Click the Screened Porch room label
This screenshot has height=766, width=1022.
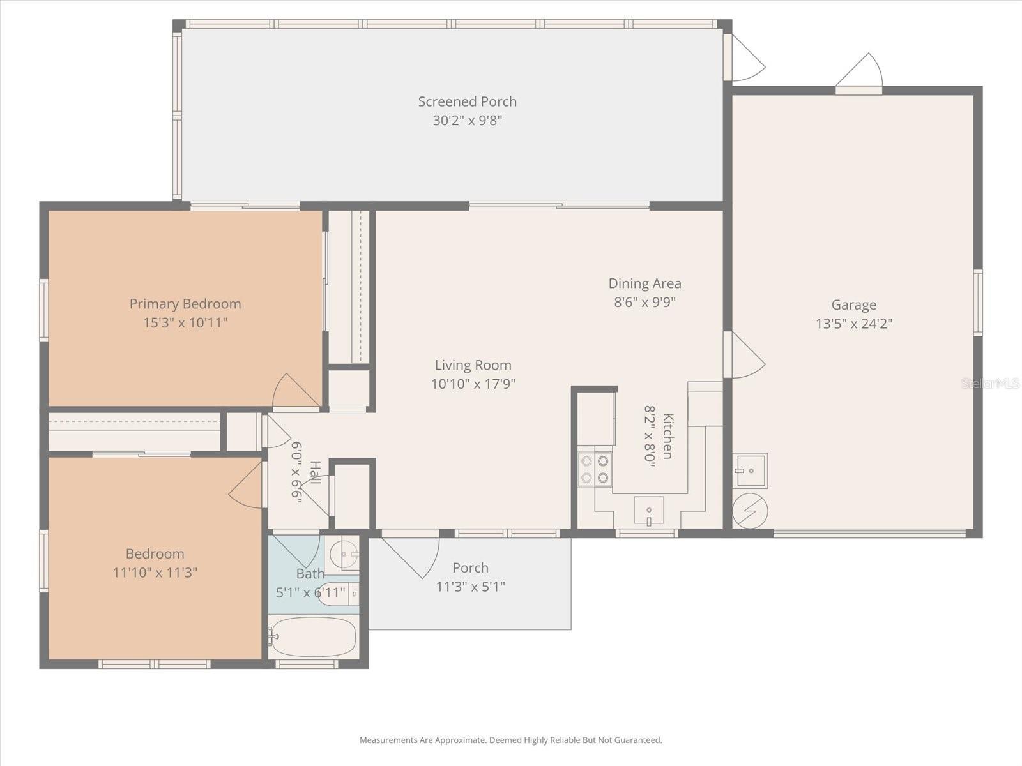pos(467,101)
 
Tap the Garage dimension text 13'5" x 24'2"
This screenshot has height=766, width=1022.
pos(853,324)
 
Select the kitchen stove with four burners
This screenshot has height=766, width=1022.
pos(595,469)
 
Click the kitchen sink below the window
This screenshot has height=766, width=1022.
pos(648,511)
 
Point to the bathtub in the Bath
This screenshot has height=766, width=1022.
pos(312,636)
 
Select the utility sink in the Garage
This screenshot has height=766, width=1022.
pos(750,470)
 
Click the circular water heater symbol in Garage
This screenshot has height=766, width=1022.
pos(750,511)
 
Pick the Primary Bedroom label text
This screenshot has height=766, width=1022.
pos(185,304)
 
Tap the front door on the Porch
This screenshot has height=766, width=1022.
pos(411,555)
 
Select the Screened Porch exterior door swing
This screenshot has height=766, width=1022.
pos(745,59)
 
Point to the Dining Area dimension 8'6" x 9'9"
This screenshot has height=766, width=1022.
pos(644,302)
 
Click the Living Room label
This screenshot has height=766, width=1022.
pos(473,365)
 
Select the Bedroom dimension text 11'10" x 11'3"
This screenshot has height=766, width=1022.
pos(155,573)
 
